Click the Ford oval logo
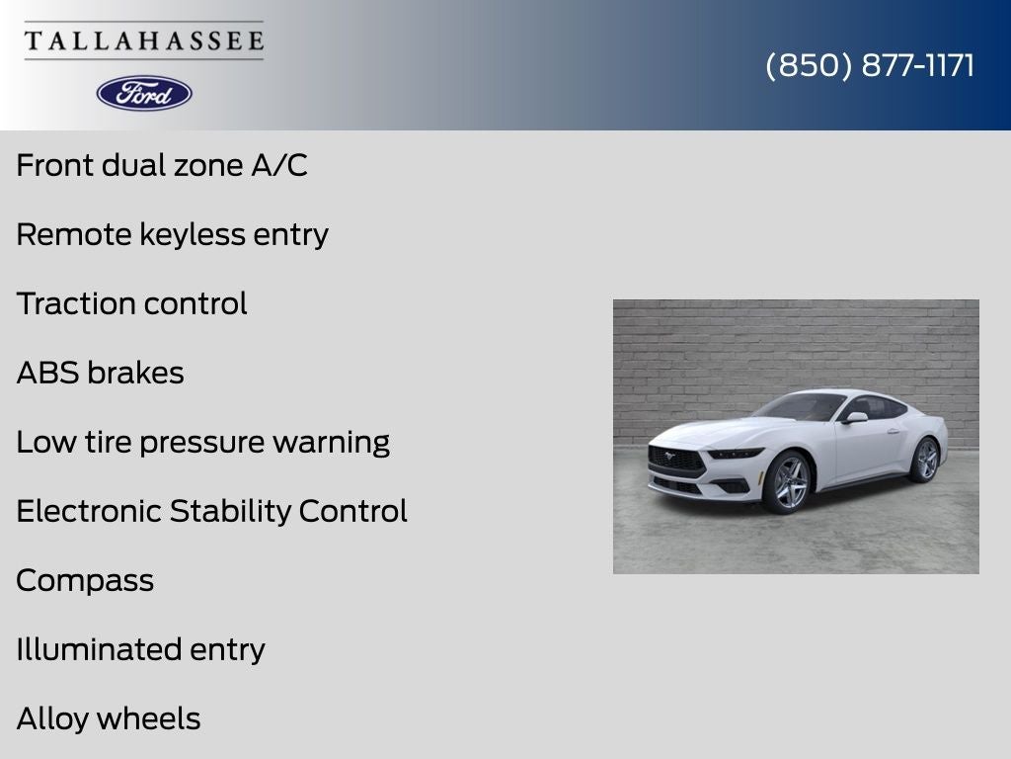144,94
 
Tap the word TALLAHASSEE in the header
144,41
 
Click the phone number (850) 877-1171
870,65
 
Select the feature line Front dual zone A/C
162,165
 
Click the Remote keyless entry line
172,235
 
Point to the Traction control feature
131,303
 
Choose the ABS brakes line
100,373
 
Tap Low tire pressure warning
203,443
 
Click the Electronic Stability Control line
211,511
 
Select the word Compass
85,581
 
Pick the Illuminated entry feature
140,650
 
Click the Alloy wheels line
109,719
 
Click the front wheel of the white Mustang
787,482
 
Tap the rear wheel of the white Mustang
925,460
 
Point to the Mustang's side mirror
855,418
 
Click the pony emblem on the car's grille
669,456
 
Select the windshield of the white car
802,406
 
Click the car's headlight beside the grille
735,453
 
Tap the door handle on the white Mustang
893,431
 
